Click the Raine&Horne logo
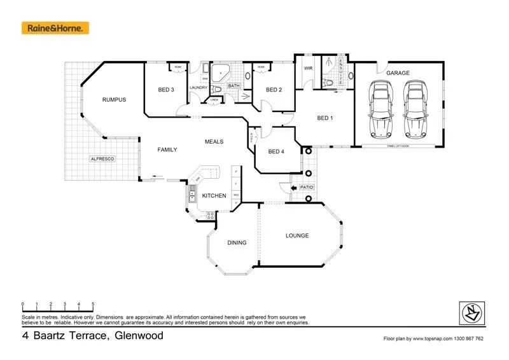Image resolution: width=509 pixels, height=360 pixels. point(55,28)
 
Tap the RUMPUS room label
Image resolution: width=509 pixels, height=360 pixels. point(115,100)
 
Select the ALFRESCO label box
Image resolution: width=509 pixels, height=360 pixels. point(102,158)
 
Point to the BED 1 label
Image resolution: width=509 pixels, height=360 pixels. point(326,118)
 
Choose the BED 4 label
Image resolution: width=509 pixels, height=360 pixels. point(276,151)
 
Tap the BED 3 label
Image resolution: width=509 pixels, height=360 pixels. point(166,90)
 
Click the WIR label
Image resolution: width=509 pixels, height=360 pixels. point(308,68)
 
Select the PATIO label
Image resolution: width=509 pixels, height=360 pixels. point(307,188)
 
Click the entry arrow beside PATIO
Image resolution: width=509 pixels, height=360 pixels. point(293,188)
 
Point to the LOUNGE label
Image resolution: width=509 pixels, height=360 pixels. point(296,236)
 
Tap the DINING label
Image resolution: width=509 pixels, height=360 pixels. point(237,243)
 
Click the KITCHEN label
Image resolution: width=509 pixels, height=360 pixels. point(214,196)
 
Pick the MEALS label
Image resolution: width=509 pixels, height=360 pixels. point(214,141)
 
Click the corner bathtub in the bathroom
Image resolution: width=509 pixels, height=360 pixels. point(220,73)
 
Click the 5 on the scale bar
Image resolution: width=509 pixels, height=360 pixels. point(94,303)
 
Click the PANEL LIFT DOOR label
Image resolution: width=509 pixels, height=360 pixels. point(398,146)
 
